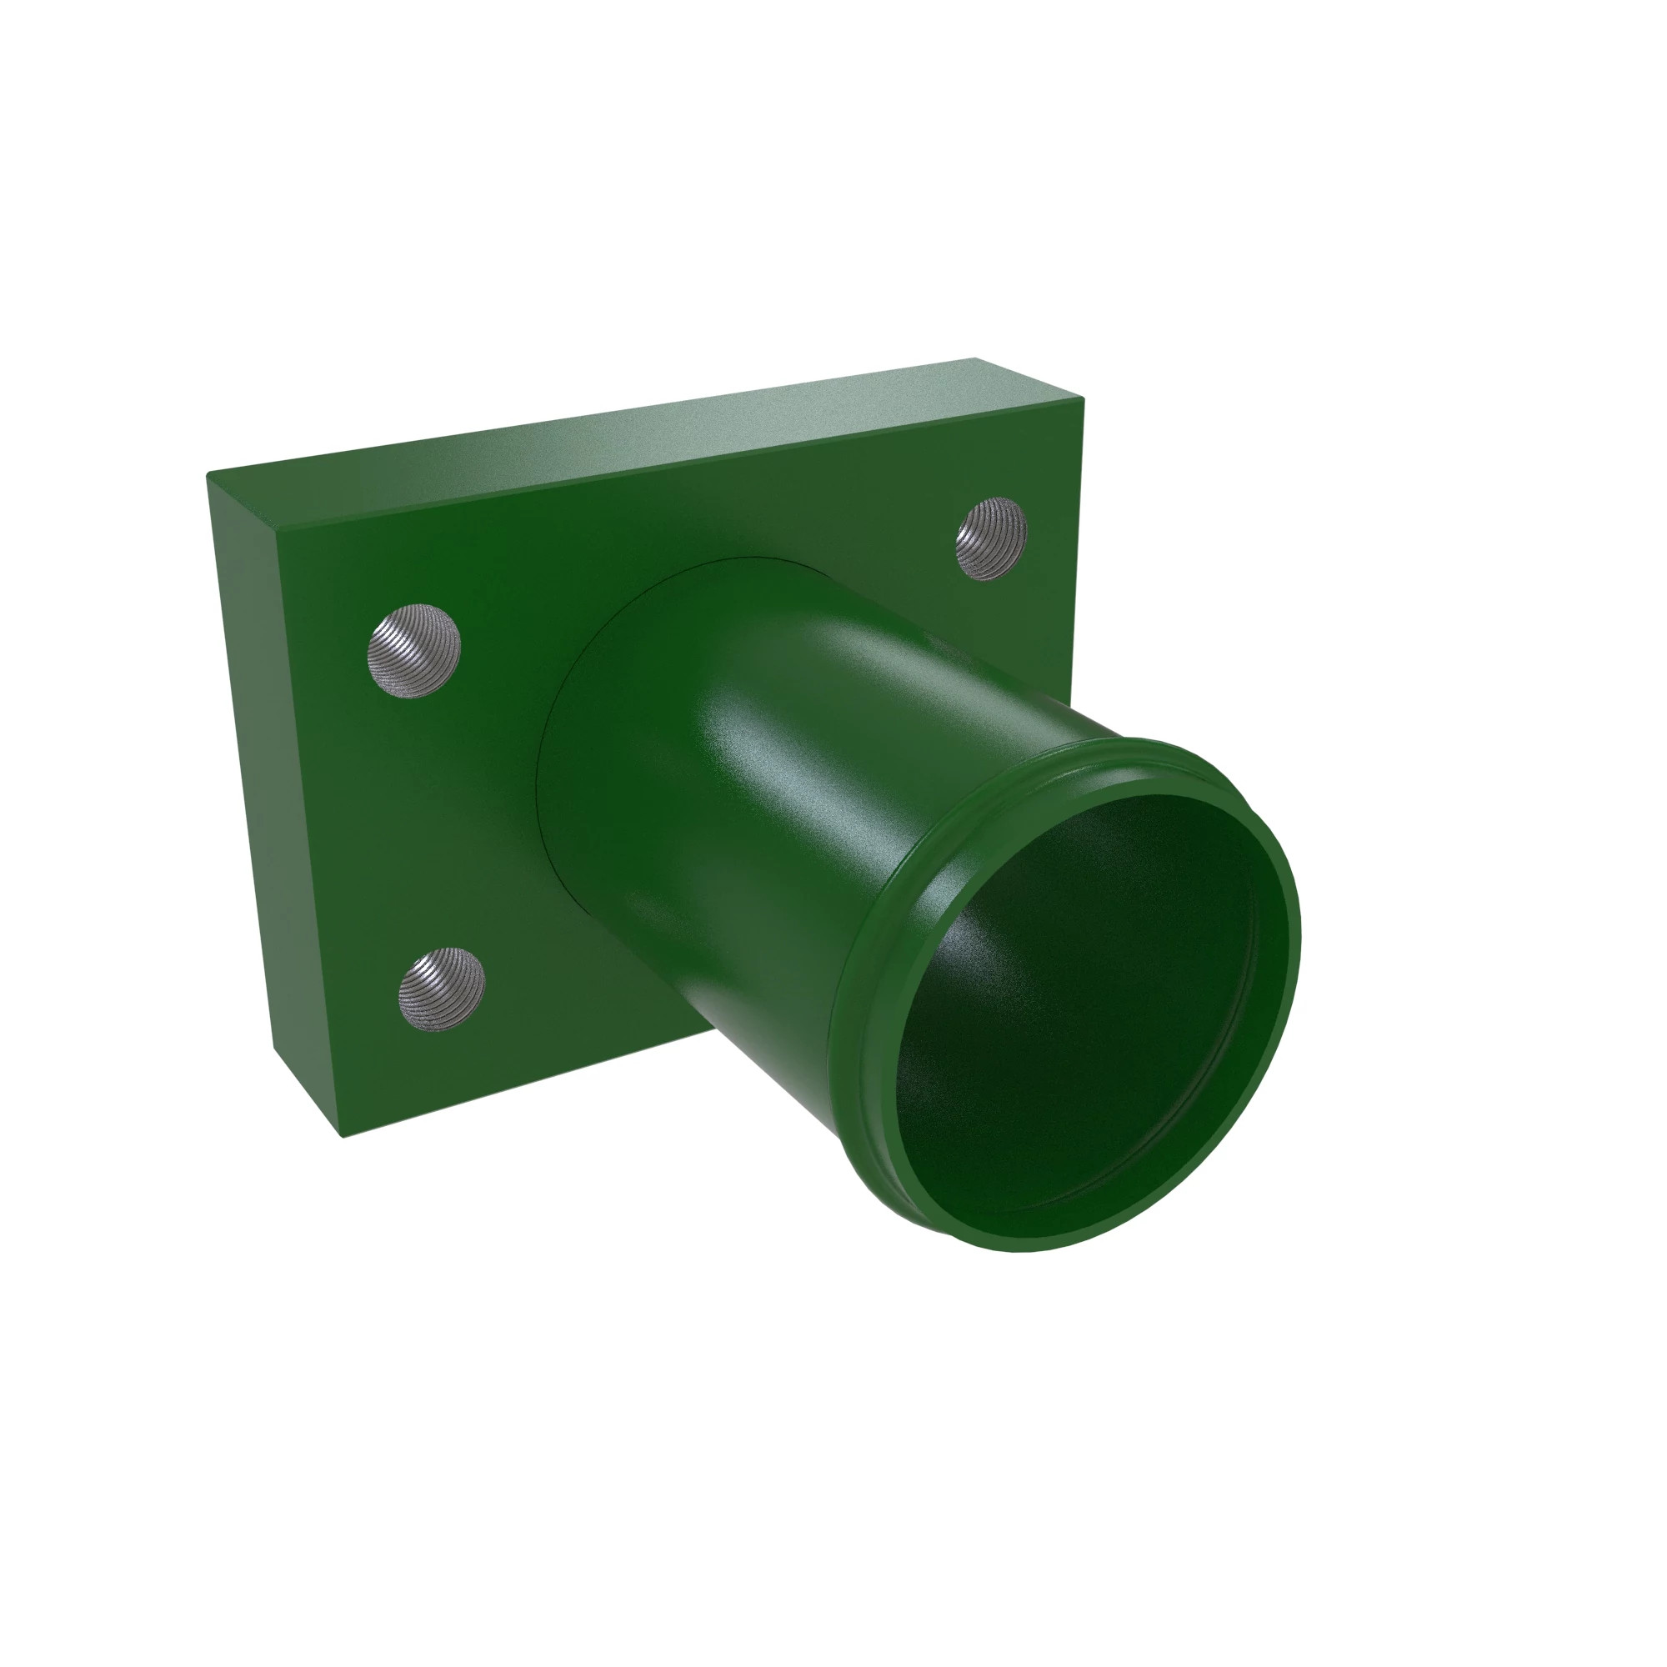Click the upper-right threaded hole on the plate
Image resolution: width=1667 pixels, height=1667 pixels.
[990, 538]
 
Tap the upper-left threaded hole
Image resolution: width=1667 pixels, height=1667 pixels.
[414, 651]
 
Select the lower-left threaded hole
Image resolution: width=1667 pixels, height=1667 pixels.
[441, 989]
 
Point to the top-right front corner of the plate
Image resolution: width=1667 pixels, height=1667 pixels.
[1083, 398]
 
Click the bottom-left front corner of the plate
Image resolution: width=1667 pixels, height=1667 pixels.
[343, 1137]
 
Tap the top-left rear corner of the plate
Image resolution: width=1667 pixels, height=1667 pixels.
[207, 473]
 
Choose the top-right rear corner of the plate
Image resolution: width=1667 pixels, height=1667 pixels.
[975, 358]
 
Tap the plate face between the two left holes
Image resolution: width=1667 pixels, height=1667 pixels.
[427, 819]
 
